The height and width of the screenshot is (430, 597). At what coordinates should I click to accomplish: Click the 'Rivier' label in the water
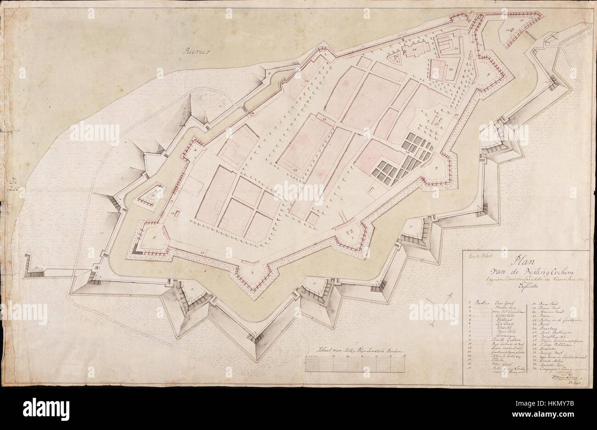click(195, 51)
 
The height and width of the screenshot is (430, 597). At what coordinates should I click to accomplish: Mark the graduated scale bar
click(355, 365)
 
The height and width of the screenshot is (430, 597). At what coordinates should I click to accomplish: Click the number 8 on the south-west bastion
click(154, 237)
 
